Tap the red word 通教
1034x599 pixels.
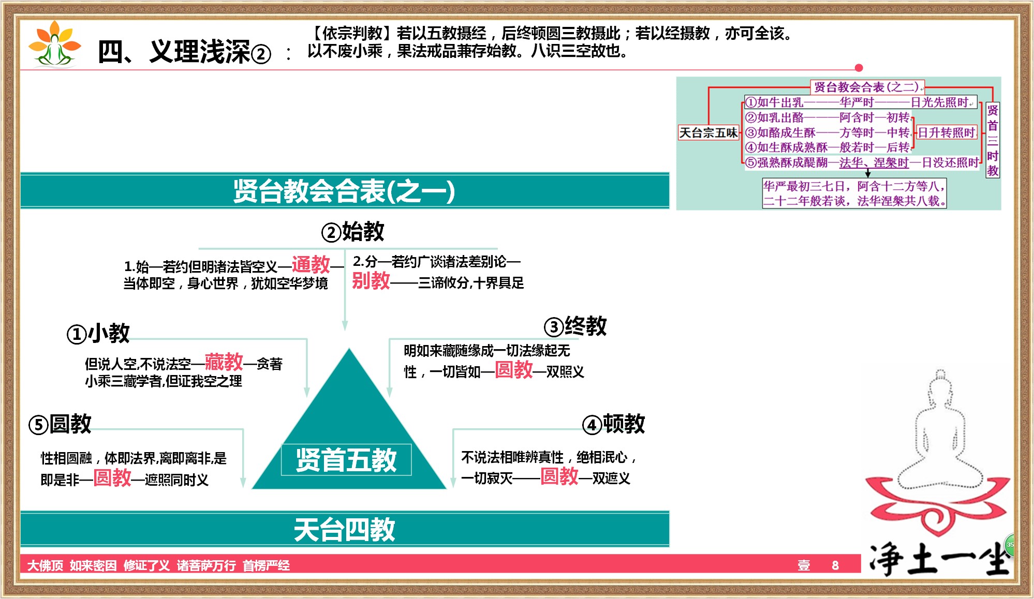[x=311, y=265]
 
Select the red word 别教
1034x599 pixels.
[x=371, y=281]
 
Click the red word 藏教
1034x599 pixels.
[x=224, y=362]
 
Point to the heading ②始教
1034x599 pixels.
[x=353, y=231]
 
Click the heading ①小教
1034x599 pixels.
[x=98, y=334]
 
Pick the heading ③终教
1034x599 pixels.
[x=575, y=326]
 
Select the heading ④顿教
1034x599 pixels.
[x=614, y=424]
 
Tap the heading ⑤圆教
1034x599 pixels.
[x=60, y=424]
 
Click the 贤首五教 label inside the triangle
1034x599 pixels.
[x=346, y=460]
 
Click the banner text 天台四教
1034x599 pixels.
[x=345, y=530]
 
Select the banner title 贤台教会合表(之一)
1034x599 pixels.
[x=344, y=191]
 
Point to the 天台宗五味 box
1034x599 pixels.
[x=708, y=133]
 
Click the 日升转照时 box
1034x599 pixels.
[x=946, y=133]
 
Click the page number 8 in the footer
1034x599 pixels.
[x=835, y=565]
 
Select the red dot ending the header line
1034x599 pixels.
[x=859, y=68]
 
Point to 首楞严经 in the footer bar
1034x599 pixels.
[x=266, y=565]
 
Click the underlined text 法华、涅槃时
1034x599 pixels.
[x=874, y=163]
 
